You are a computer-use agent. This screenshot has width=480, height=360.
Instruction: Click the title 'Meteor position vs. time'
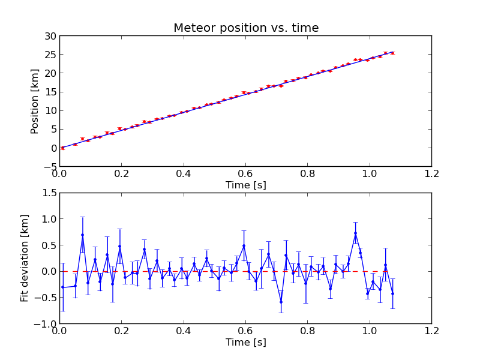[x=246, y=28]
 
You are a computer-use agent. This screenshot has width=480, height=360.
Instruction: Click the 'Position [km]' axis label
[x=35, y=101]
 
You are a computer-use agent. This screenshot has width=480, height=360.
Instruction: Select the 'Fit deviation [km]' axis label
[x=25, y=258]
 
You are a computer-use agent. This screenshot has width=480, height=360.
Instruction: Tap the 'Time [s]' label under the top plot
[x=246, y=185]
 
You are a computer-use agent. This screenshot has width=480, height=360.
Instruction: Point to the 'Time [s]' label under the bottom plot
[x=246, y=342]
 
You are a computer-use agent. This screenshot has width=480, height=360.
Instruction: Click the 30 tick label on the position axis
[x=50, y=36]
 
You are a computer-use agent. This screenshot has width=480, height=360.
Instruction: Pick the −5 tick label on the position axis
[x=50, y=167]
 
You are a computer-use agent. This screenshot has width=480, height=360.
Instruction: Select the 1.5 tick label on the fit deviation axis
[x=49, y=193]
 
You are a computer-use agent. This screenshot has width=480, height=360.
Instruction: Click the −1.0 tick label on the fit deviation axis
[x=46, y=323]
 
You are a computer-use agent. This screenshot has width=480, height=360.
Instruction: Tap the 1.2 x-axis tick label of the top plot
[x=431, y=174]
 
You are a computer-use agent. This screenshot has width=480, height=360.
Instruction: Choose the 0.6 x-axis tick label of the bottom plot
[x=245, y=331]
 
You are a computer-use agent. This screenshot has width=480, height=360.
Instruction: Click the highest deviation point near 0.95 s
[x=355, y=233]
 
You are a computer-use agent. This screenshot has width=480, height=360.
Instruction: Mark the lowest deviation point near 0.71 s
[x=281, y=302]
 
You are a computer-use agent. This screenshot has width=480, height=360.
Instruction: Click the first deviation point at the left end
[x=63, y=287]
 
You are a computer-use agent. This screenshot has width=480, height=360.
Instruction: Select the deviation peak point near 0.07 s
[x=82, y=235]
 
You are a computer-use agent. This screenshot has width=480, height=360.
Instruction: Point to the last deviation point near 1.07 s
[x=393, y=293]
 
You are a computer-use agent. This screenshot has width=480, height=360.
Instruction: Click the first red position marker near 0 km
[x=63, y=148]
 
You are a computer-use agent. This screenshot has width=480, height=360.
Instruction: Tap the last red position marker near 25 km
[x=393, y=53]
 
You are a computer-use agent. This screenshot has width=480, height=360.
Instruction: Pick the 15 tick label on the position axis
[x=50, y=92]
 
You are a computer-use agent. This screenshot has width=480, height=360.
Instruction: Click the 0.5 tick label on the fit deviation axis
[x=49, y=245]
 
